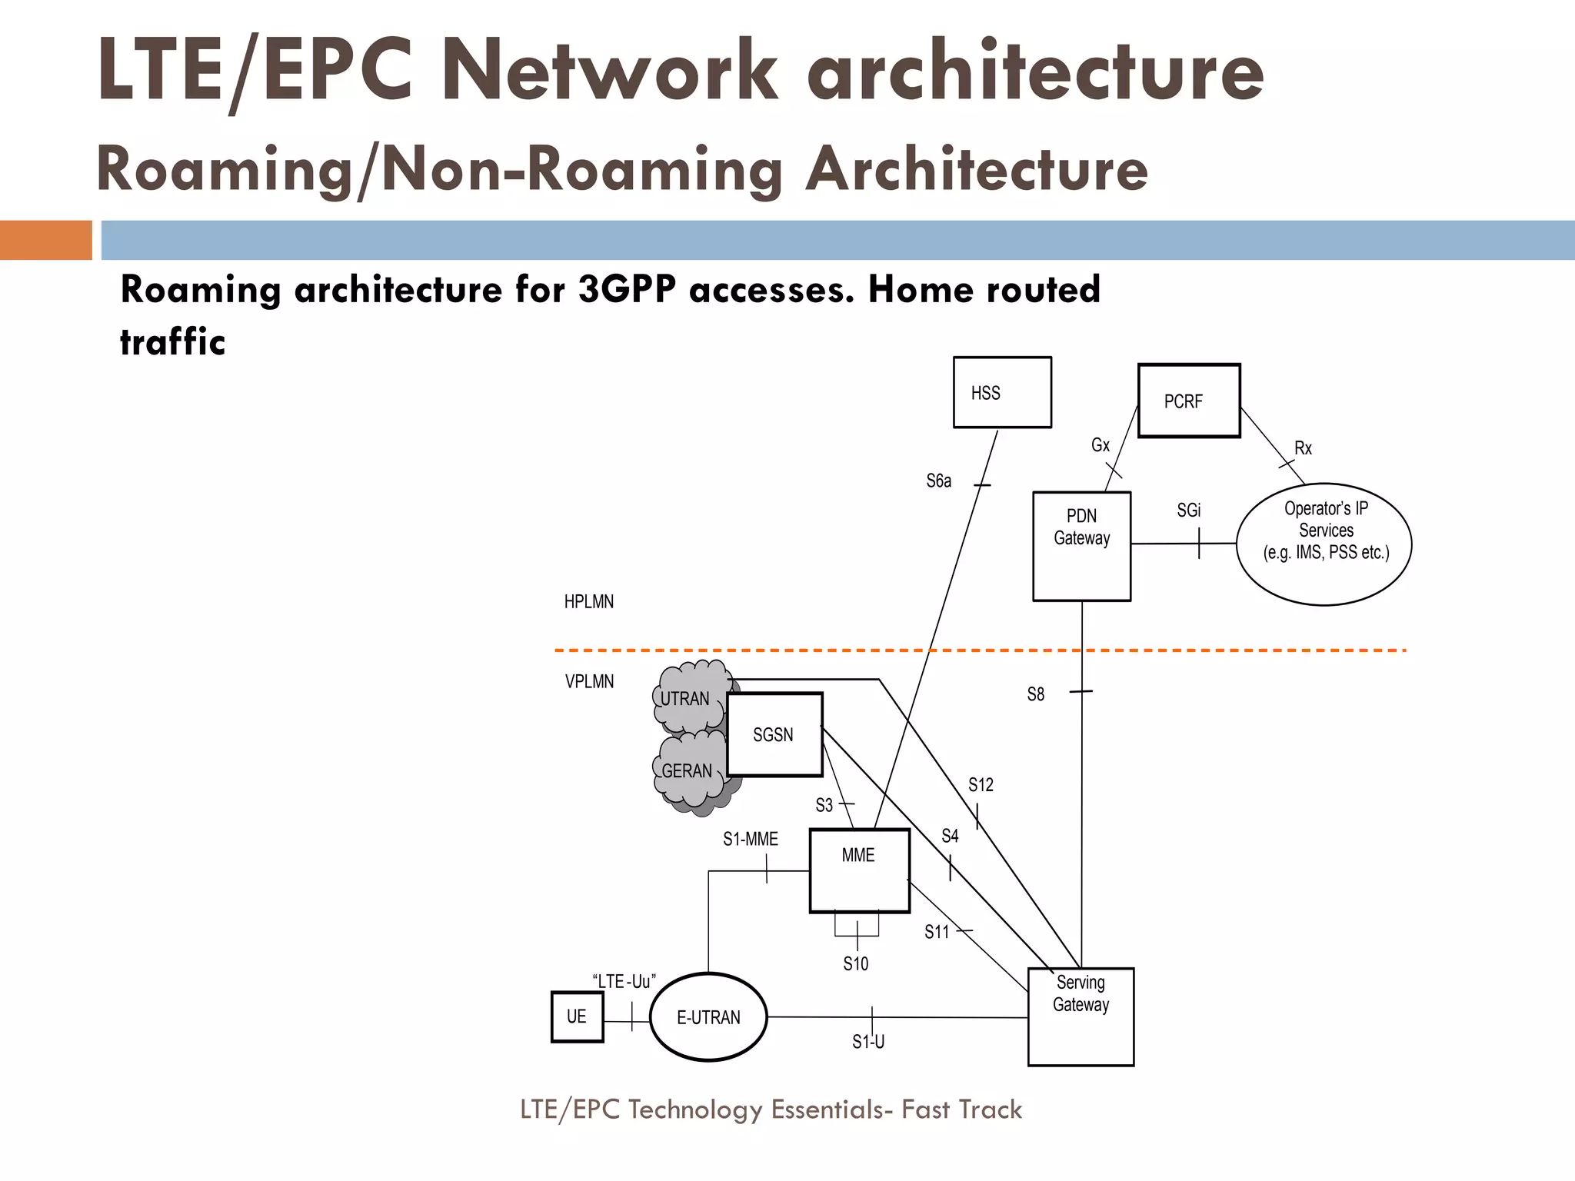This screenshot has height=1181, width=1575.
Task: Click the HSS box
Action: [x=1002, y=392]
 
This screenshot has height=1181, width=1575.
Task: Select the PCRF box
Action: [x=1189, y=401]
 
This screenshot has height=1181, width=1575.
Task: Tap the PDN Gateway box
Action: [x=1081, y=546]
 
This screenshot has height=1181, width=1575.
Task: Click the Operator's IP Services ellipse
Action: [x=1324, y=544]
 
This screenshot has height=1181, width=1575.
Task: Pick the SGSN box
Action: [x=774, y=734]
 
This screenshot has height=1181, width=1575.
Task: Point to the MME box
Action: [x=859, y=870]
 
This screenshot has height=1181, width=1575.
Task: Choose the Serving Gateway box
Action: [x=1081, y=1016]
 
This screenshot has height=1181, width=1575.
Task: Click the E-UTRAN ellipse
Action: [x=708, y=1017]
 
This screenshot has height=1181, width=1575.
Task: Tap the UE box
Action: [x=577, y=1016]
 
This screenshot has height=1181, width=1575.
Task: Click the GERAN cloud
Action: [x=687, y=772]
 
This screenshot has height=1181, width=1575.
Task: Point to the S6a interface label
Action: [x=938, y=481]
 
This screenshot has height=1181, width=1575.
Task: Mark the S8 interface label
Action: [x=1036, y=694]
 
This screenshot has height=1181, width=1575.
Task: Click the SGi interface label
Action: [x=1188, y=511]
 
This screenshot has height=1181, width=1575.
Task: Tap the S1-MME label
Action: [x=750, y=839]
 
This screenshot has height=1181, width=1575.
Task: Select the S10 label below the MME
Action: [x=855, y=963]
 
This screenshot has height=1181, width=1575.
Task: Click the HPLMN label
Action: [x=589, y=602]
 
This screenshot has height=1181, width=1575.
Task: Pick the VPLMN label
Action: [x=589, y=681]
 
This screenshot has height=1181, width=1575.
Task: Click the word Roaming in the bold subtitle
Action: [x=196, y=290]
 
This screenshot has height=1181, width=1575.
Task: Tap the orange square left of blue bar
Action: [x=45, y=240]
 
